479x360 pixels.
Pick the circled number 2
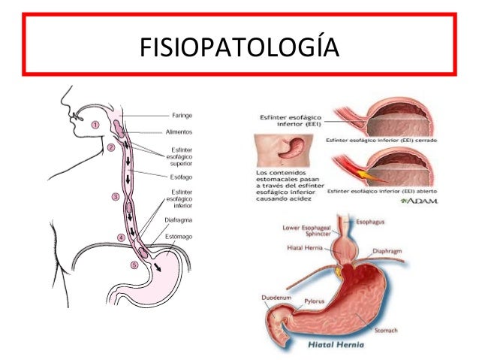tap(110, 147)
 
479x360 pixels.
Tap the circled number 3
tap(116, 196)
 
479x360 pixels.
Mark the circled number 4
tap(121, 237)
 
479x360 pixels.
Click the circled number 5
tap(134, 265)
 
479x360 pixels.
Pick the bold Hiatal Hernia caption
tap(336, 347)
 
